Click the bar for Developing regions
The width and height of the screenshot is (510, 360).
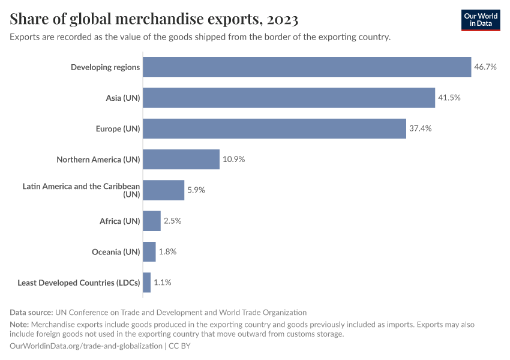[307, 67]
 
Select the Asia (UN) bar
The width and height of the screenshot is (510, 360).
[289, 98]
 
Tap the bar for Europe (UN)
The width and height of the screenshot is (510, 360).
[274, 128]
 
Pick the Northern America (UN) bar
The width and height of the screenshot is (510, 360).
[181, 160]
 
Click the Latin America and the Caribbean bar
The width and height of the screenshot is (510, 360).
[163, 190]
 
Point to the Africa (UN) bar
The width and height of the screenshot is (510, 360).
[152, 221]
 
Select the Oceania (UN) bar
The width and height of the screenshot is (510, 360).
[149, 252]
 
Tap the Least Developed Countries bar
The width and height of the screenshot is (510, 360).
[147, 283]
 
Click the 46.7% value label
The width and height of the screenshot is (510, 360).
[485, 67]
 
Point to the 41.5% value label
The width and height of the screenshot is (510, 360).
[449, 98]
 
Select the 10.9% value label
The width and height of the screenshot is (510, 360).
[233, 160]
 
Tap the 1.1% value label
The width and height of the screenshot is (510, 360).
[163, 283]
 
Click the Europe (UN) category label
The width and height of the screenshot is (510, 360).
[118, 128]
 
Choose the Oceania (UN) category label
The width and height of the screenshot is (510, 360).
[117, 252]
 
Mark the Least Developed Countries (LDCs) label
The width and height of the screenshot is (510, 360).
[79, 283]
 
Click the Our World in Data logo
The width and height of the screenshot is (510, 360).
[481, 20]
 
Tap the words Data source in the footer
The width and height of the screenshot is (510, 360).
[31, 312]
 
